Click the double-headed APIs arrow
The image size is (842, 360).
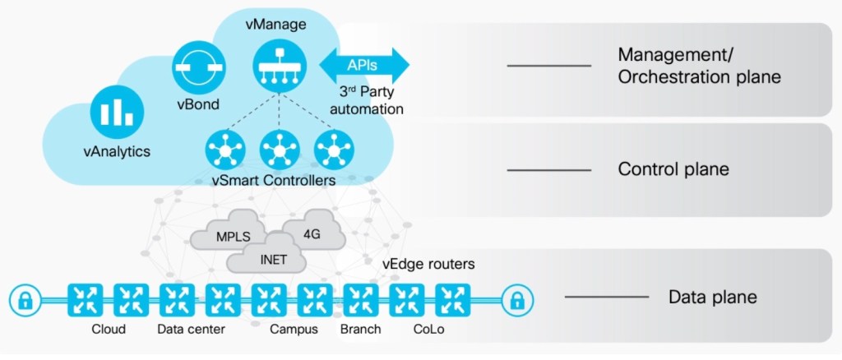point(363,64)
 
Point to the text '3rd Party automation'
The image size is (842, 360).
point(372,100)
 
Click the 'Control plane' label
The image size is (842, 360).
point(673,170)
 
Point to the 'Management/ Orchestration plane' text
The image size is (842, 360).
point(698,66)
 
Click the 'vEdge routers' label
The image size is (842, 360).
point(428,265)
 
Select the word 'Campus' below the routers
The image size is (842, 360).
point(292,330)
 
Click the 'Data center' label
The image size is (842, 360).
point(191,330)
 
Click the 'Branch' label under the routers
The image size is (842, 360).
point(361,330)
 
